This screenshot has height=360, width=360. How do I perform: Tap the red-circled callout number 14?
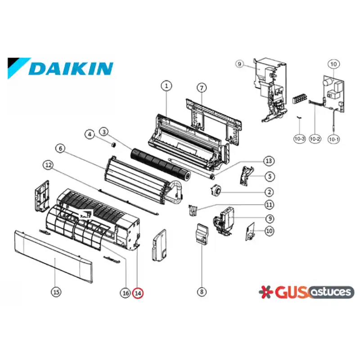(138, 293)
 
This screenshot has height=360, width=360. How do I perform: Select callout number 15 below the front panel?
(56, 292)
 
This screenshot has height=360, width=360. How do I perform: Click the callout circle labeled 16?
(126, 293)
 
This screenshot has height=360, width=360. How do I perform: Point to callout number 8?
(202, 292)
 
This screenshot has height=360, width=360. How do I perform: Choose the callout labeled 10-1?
(334, 139)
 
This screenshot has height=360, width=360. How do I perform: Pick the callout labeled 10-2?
(315, 139)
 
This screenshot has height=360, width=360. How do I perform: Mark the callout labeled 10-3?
(300, 139)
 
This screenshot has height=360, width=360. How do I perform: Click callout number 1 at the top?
(166, 86)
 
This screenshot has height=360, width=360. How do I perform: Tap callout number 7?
(202, 88)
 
